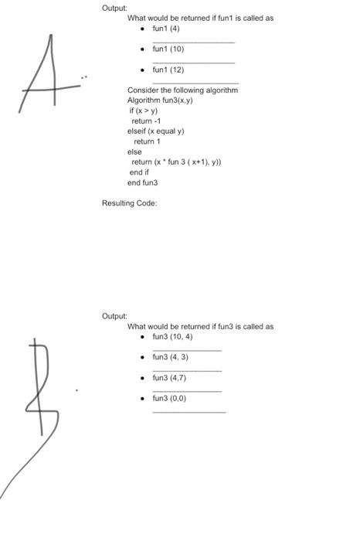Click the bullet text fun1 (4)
click(x=166, y=29)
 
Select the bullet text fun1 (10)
click(x=168, y=49)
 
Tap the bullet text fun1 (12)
click(x=168, y=70)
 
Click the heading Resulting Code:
click(x=130, y=203)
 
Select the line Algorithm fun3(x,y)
click(x=160, y=100)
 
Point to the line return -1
click(x=146, y=121)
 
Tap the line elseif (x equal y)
click(x=155, y=131)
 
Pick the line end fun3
click(x=142, y=183)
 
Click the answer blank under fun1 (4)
click(x=193, y=41)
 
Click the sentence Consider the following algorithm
click(x=182, y=90)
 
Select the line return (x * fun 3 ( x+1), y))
click(x=177, y=162)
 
